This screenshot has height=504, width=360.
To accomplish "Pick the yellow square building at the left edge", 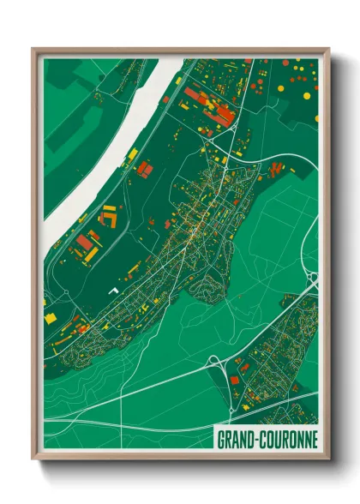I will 50,319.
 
